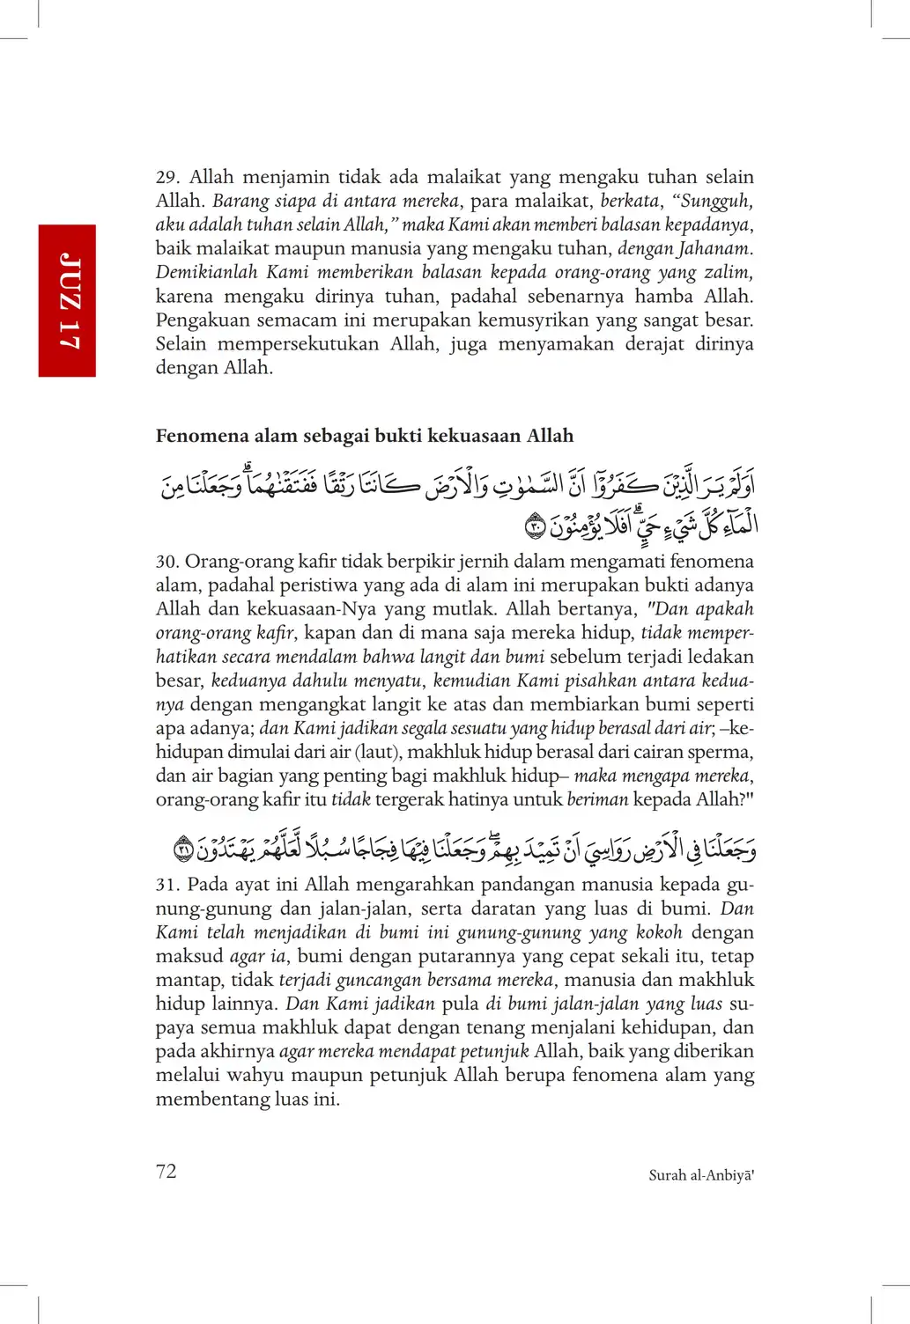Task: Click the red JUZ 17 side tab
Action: [x=67, y=300]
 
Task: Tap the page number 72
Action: [x=166, y=1171]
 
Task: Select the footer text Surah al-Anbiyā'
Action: [x=701, y=1175]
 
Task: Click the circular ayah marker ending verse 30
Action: [x=535, y=528]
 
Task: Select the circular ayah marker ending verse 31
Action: [x=183, y=850]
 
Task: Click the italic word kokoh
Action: [x=659, y=932]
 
